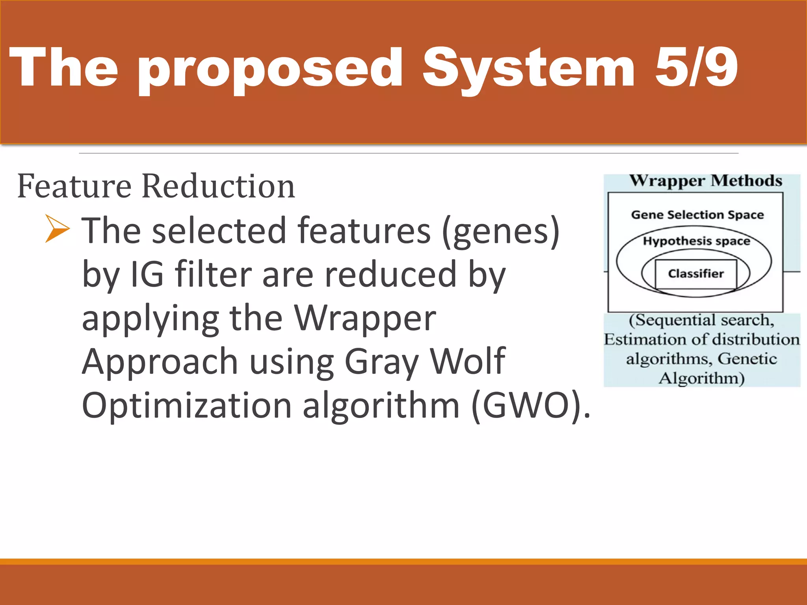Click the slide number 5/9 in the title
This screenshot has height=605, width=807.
(x=696, y=67)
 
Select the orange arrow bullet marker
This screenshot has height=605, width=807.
(x=57, y=228)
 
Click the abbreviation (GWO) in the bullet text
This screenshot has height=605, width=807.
(x=530, y=406)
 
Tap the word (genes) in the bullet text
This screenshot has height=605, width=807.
(x=500, y=232)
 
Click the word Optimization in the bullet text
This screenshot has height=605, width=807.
(x=186, y=406)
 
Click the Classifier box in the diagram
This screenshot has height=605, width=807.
(x=695, y=274)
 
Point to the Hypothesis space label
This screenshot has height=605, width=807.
(x=696, y=241)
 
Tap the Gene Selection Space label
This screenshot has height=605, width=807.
(x=697, y=215)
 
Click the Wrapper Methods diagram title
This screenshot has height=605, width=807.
(x=705, y=181)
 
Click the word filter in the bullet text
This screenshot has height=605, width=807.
(x=213, y=274)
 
